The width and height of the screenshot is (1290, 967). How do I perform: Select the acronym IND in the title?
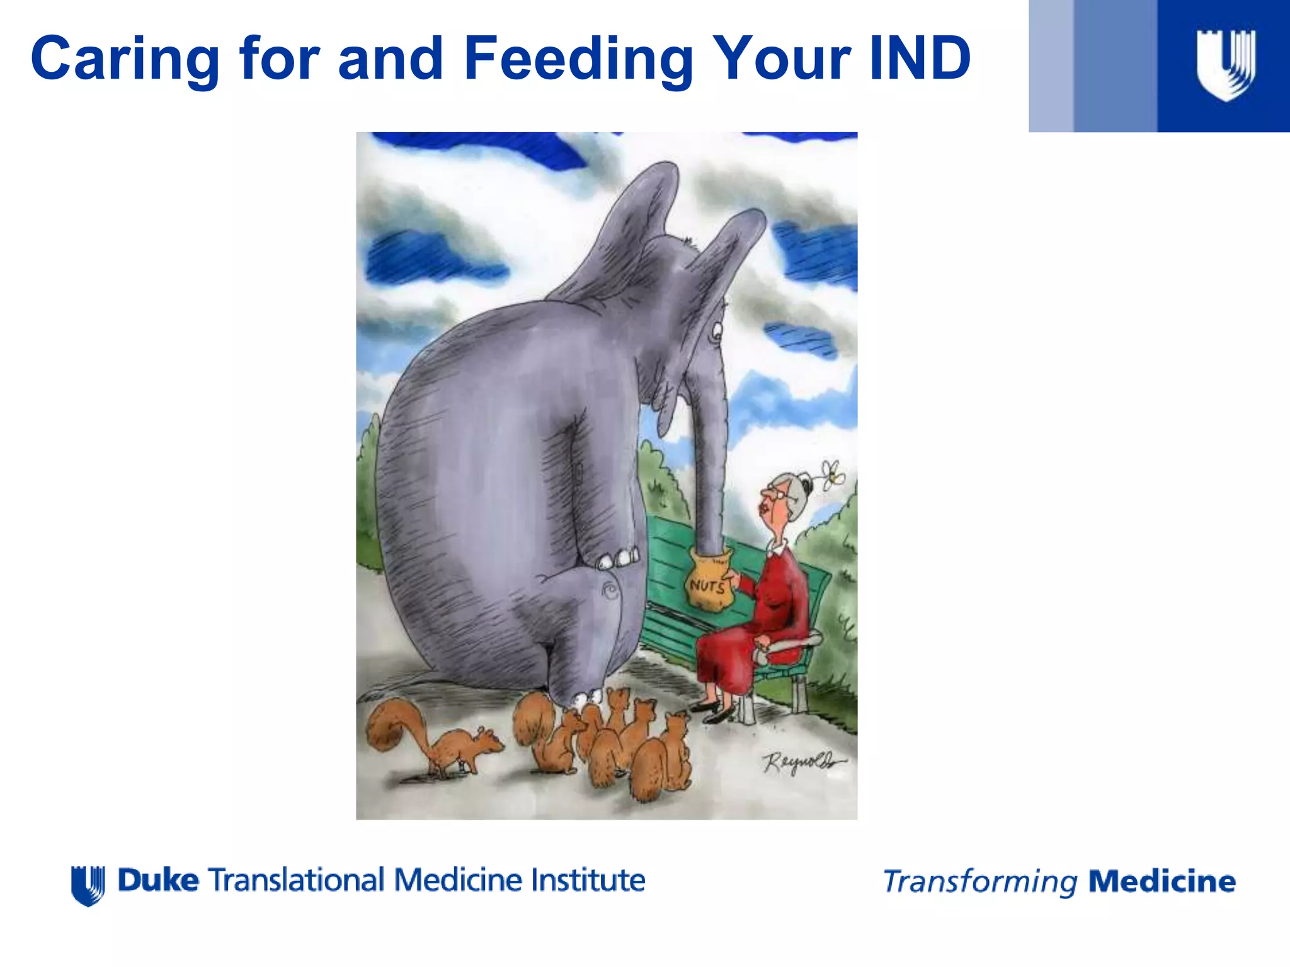point(920,59)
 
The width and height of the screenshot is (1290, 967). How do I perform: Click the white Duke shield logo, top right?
point(1225,65)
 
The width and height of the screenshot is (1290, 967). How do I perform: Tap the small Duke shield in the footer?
point(88,885)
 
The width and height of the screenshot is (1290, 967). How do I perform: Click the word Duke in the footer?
point(158,880)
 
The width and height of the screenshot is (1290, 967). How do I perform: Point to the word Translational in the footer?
point(296,880)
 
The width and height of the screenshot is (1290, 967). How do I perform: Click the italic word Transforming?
point(979,882)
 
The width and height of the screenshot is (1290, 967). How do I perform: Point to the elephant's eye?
point(716,331)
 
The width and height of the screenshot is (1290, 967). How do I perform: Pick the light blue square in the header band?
point(1051,65)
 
